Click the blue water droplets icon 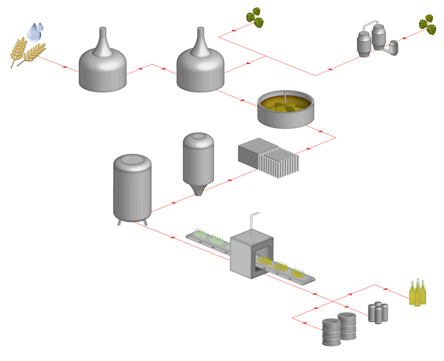[x=35, y=32]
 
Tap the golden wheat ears [x=26, y=52]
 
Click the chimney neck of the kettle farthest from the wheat [x=200, y=41]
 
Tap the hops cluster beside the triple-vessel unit [x=427, y=24]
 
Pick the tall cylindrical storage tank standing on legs [x=132, y=189]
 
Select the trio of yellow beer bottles [x=417, y=293]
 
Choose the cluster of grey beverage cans [x=378, y=312]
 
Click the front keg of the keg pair [x=331, y=333]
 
